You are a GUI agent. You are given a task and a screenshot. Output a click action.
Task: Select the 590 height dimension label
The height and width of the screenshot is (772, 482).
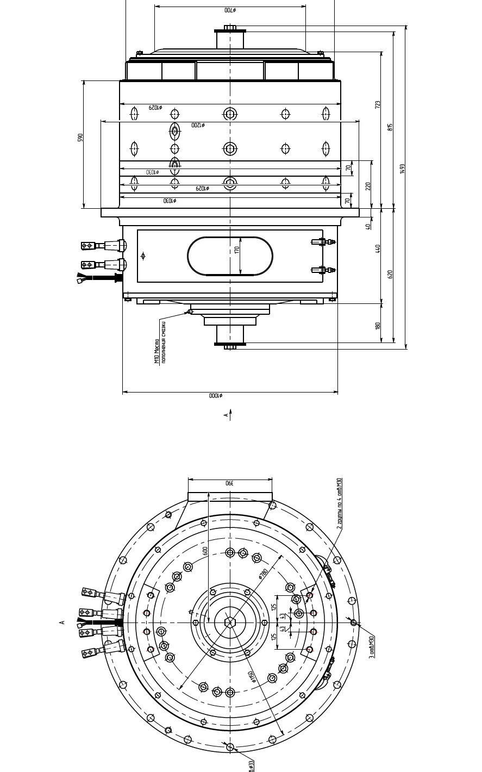pos(80,138)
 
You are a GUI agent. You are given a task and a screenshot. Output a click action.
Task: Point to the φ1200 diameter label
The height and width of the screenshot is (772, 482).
pos(198,125)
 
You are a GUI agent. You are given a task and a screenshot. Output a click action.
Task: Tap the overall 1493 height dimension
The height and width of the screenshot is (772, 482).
pos(402,169)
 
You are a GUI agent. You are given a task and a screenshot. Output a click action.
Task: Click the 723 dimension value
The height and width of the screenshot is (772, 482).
pos(378,104)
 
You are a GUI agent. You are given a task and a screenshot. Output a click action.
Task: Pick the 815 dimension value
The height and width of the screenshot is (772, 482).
pos(390,127)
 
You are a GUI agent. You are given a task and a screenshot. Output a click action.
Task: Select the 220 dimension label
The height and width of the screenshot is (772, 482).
pos(368,186)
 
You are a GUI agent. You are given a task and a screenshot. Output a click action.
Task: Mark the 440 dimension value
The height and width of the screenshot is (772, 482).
pos(378,248)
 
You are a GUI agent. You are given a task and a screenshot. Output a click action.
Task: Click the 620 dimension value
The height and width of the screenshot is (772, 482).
pos(390,274)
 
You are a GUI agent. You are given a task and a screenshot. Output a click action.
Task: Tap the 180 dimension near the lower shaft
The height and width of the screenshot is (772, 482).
pos(378,326)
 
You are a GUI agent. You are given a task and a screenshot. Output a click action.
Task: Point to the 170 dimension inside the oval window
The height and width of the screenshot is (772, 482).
pos(237,250)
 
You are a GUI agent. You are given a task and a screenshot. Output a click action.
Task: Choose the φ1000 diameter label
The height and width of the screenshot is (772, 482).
pos(216,396)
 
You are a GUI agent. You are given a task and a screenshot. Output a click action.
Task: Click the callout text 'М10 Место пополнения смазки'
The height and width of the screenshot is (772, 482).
pos(160,343)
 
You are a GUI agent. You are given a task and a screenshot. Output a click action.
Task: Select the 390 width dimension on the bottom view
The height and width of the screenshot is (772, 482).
pos(229,483)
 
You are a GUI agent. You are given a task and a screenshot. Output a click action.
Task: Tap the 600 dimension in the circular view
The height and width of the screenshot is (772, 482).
pos(205,551)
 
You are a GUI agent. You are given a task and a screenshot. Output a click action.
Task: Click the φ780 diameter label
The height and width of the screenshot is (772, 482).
pos(264,574)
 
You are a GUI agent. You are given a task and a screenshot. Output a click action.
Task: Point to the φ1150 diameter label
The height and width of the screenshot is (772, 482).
pos(251,677)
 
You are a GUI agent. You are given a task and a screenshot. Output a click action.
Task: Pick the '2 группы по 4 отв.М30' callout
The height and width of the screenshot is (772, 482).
pos(339,503)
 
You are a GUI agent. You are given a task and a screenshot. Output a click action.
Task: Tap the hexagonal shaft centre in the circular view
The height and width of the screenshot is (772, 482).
pos(230,622)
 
